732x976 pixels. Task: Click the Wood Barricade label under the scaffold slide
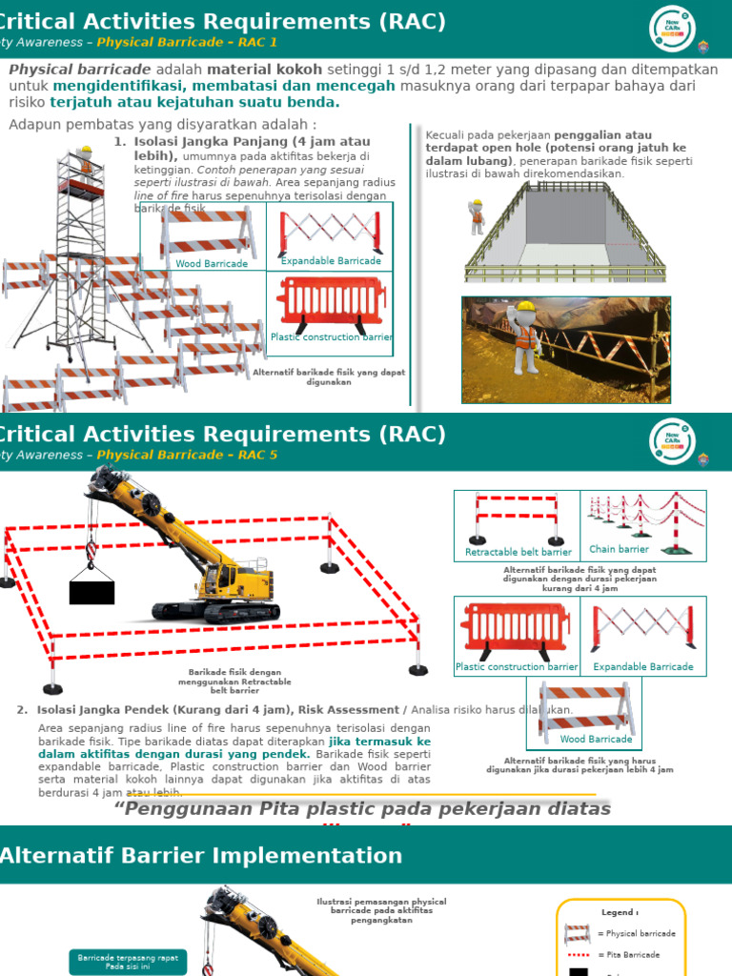[x=212, y=264]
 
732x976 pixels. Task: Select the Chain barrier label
[x=619, y=549]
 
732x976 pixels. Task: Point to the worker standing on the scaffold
[x=86, y=163]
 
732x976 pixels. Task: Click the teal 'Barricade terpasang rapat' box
[x=128, y=962]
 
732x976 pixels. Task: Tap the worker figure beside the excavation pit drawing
[x=477, y=216]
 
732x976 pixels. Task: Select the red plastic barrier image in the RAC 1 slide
[x=331, y=302]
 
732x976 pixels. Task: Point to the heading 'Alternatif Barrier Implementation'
[x=201, y=855]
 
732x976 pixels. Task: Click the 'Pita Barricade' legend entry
[x=625, y=954]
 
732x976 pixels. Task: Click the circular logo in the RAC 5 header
[x=673, y=441]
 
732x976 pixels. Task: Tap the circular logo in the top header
[x=673, y=29]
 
